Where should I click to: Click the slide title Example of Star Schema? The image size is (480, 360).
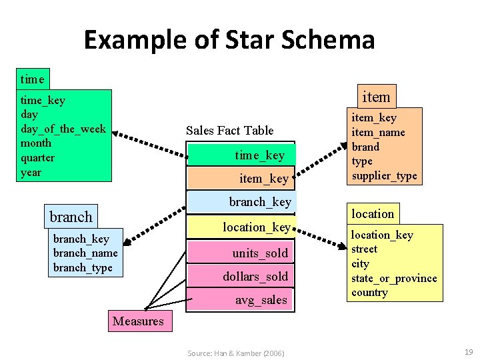coord(229,40)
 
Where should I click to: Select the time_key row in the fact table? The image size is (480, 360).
coord(241,155)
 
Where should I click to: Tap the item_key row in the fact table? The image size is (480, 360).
coord(241,178)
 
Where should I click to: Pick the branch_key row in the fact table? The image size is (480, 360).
coord(241,201)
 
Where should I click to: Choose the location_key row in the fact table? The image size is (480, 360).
coord(241,227)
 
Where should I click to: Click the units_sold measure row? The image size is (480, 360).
coord(241,253)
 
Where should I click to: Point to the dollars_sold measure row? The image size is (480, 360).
coord(241,276)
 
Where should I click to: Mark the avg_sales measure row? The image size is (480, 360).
coord(241,300)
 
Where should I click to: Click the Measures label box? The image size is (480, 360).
coord(138,321)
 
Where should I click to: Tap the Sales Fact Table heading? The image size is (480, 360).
coord(229,130)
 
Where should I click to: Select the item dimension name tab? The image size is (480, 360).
coord(375,97)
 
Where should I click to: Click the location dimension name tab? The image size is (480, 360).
coord(373,213)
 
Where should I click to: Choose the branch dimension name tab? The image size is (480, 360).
coord(71,217)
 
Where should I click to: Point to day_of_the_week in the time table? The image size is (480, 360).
coord(63,129)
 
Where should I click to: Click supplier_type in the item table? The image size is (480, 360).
coord(384,176)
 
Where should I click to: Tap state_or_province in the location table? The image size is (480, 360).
coord(394,278)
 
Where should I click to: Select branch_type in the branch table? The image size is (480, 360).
coord(83,267)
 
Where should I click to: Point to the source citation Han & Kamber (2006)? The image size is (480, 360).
coord(235,353)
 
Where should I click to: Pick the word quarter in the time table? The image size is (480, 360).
coord(38,158)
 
